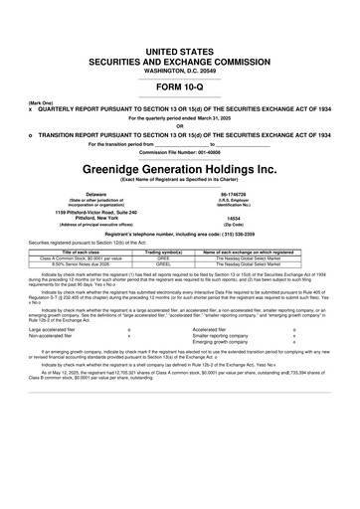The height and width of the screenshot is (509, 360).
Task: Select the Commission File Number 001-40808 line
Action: [x=180, y=151]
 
